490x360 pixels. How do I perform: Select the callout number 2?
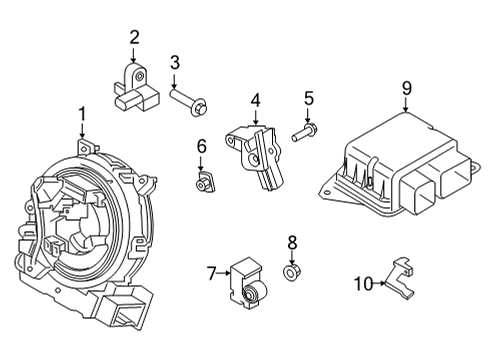pos(134,38)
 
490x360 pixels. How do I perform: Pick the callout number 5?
pos(309,99)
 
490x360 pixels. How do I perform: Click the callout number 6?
pos(201,146)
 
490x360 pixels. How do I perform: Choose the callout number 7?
pos(211,273)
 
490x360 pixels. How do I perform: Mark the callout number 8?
pos(292,242)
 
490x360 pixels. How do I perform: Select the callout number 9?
pos(406,89)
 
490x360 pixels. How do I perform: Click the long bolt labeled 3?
pos(191,100)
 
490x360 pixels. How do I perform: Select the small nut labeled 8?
pos(292,271)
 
